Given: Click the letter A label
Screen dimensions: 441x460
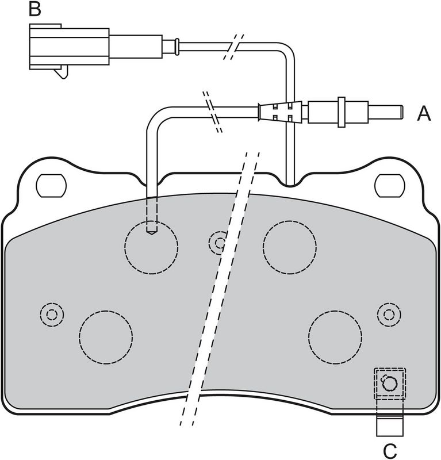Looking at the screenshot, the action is pos(424,113).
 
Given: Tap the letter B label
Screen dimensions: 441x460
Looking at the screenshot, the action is pos(35,9).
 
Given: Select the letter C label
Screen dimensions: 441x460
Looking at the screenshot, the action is pos(390,451).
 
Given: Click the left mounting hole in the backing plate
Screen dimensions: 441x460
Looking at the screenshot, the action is pos(51,186).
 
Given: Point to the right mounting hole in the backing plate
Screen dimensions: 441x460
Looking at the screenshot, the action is pos(390,186).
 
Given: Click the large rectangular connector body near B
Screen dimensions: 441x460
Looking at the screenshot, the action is pos(69,47).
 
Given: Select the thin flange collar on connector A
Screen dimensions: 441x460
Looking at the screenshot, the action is pos(341,112).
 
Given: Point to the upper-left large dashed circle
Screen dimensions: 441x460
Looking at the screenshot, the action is pos(151,247).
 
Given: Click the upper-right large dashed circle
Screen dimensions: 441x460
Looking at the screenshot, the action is pos(290,247).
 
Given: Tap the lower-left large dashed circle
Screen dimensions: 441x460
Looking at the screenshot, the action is pos(106,337).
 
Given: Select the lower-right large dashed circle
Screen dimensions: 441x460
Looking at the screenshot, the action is pos(335,337).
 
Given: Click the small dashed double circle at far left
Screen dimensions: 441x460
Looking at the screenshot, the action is pos(52,315).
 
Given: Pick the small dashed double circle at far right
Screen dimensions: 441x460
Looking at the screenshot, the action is pos(389,315).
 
